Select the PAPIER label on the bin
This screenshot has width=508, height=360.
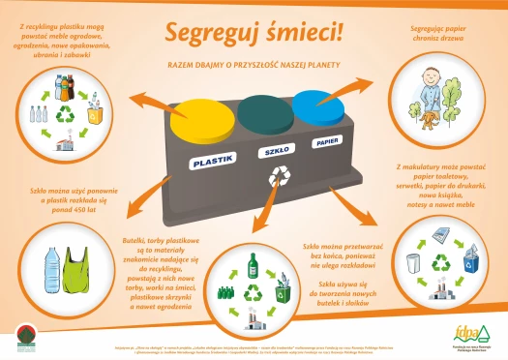pyautogui.click(x=327, y=141)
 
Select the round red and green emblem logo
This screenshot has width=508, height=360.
pyautogui.click(x=26, y=339)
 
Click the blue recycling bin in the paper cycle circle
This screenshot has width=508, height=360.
pyautogui.click(x=471, y=263)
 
